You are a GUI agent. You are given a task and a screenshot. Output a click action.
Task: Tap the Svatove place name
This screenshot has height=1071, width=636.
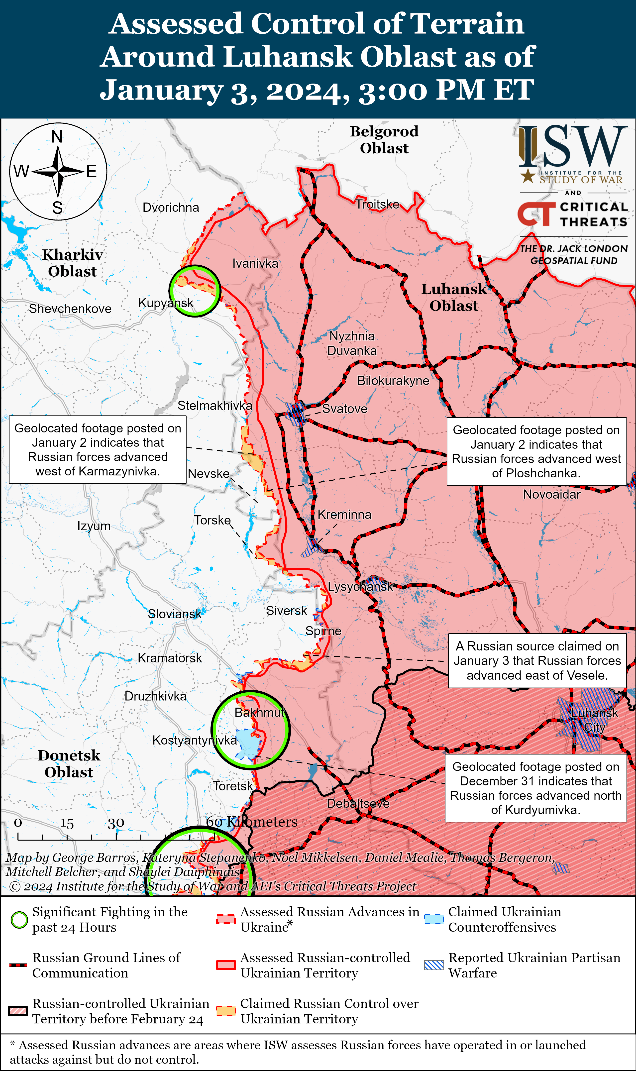pyautogui.click(x=345, y=409)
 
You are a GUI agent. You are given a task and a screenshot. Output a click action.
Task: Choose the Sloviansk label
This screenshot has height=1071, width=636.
pyautogui.click(x=174, y=614)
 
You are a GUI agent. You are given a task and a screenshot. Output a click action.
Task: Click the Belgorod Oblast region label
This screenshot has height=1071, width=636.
pyautogui.click(x=384, y=139)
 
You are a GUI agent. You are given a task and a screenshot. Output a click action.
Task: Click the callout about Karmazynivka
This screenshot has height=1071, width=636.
pyautogui.click(x=98, y=449)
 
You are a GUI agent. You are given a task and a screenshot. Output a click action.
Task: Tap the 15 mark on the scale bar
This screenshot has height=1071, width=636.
pyautogui.click(x=67, y=823)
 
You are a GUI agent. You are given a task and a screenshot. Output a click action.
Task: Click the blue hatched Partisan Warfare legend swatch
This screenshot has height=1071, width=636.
pyautogui.click(x=434, y=965)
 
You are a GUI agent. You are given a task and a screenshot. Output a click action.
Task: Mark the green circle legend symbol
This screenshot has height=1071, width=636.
pyautogui.click(x=19, y=920)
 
